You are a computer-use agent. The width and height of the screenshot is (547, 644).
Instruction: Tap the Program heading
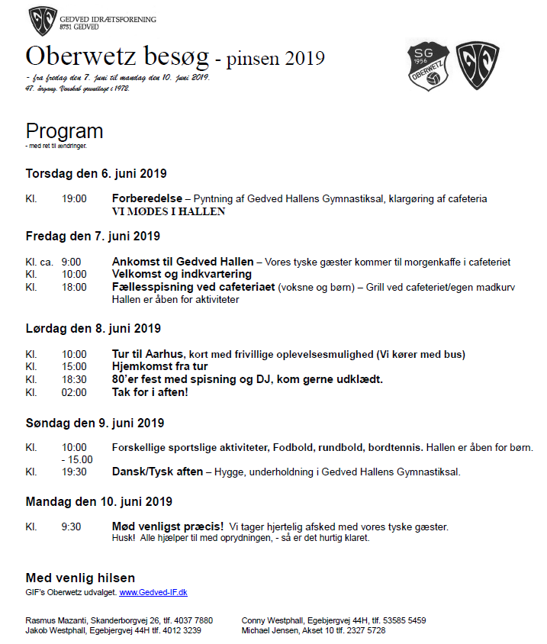pyautogui.click(x=64, y=130)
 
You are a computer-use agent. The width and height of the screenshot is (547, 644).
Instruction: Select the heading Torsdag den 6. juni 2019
pyautogui.click(x=96, y=173)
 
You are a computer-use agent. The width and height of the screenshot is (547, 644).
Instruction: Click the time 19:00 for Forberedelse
pyautogui.click(x=74, y=198)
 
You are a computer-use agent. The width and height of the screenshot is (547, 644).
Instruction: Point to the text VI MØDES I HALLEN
pyautogui.click(x=169, y=211)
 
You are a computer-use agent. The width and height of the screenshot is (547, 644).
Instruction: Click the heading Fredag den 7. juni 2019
pyautogui.click(x=93, y=236)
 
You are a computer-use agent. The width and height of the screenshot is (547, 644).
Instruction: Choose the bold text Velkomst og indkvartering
pyautogui.click(x=182, y=274)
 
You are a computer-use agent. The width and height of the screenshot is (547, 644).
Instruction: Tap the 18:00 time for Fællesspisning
pyautogui.click(x=74, y=286)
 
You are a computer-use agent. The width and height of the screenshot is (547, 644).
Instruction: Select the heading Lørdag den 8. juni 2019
pyautogui.click(x=93, y=329)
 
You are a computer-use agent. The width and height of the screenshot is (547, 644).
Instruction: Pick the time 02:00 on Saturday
pyautogui.click(x=74, y=392)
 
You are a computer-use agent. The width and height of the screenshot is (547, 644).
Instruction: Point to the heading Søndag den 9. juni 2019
pyautogui.click(x=95, y=423)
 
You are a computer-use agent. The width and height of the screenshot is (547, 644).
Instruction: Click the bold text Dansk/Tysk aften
pyautogui.click(x=157, y=472)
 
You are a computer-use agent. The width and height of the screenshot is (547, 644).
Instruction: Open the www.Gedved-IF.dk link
pyautogui.click(x=153, y=592)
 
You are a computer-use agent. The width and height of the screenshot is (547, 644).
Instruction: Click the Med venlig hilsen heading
pyautogui.click(x=80, y=578)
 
